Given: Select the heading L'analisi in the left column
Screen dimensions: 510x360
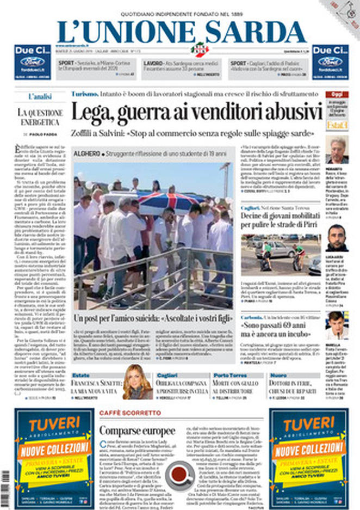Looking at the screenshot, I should tap(40, 96).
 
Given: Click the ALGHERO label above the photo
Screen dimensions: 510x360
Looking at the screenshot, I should tap(88, 154).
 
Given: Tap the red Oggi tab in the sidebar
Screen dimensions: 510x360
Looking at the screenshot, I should tap(337, 94).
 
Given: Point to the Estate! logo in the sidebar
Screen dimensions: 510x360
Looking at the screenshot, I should tap(337, 125).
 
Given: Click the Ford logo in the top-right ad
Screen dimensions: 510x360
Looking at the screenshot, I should tap(330, 61).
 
